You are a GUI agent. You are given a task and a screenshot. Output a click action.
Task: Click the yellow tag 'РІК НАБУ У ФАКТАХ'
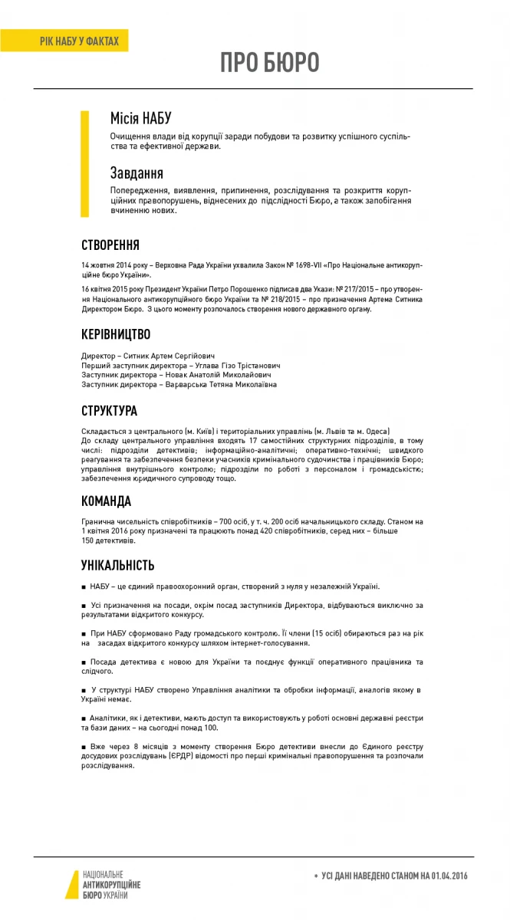(x=79, y=41)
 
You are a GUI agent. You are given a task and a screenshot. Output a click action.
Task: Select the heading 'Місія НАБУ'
(x=141, y=118)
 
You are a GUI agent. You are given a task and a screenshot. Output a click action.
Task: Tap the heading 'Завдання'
(x=137, y=173)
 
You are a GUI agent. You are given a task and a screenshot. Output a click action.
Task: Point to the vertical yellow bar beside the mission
(x=85, y=164)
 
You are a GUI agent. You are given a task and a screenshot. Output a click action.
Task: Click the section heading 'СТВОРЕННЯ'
(x=110, y=245)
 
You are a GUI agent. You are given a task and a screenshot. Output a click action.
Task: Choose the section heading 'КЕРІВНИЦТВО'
(x=116, y=334)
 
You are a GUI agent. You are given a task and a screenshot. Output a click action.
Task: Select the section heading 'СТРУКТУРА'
(x=109, y=410)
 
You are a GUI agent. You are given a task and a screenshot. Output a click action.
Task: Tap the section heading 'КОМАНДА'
(x=106, y=501)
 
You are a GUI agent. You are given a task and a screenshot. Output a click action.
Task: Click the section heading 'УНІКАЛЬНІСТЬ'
(x=117, y=565)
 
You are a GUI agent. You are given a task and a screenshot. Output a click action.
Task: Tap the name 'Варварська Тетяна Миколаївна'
(x=222, y=384)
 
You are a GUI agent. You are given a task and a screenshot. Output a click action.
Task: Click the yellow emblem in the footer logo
(x=71, y=884)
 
